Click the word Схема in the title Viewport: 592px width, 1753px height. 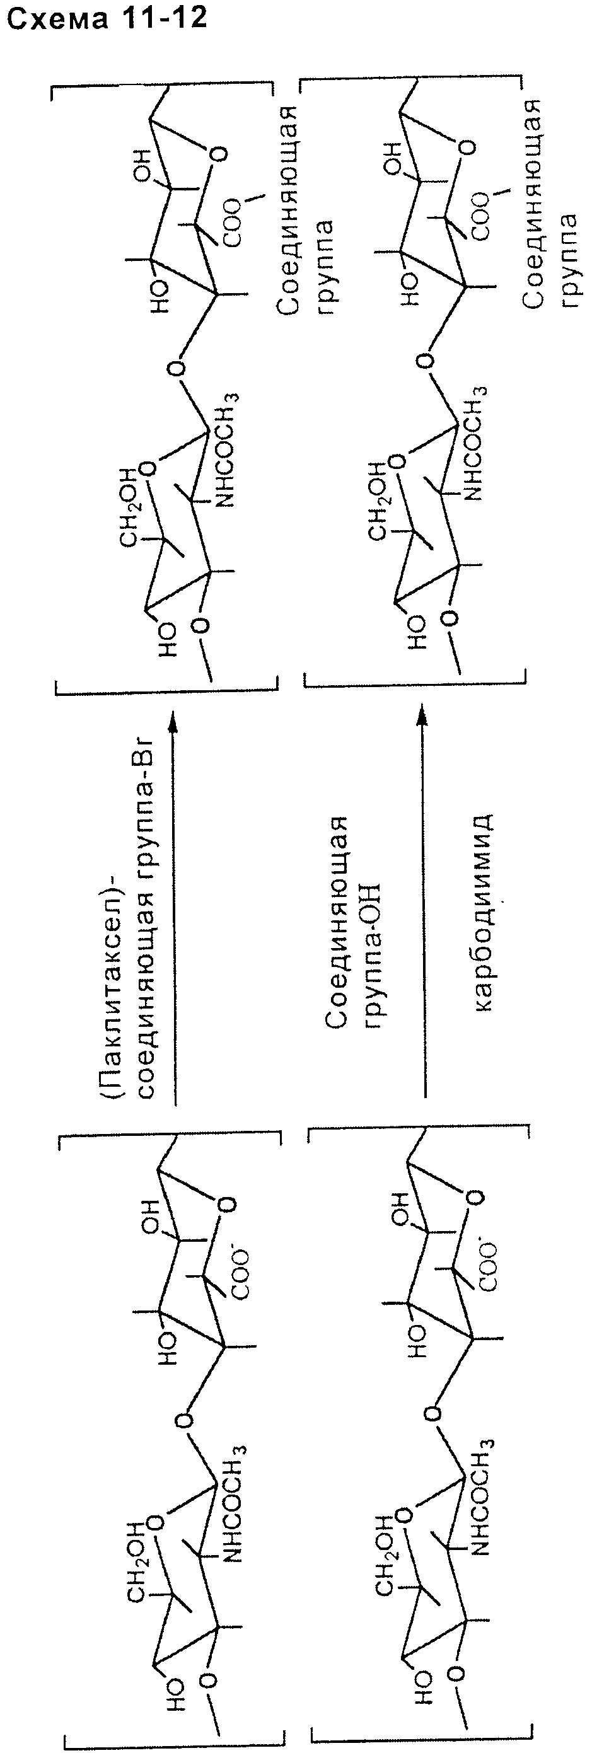point(56,18)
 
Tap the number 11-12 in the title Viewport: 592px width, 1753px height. point(160,18)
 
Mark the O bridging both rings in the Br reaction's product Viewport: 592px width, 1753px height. point(177,369)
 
